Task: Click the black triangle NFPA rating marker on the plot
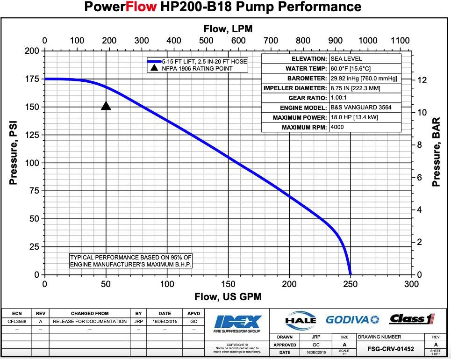click(x=106, y=106)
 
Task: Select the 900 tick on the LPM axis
click(x=335, y=40)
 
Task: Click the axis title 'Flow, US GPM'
click(x=228, y=297)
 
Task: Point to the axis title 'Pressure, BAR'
click(x=437, y=152)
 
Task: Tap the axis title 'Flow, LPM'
click(x=228, y=29)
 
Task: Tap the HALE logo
click(x=300, y=320)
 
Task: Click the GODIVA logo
click(x=353, y=320)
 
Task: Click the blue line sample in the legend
click(x=154, y=61)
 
